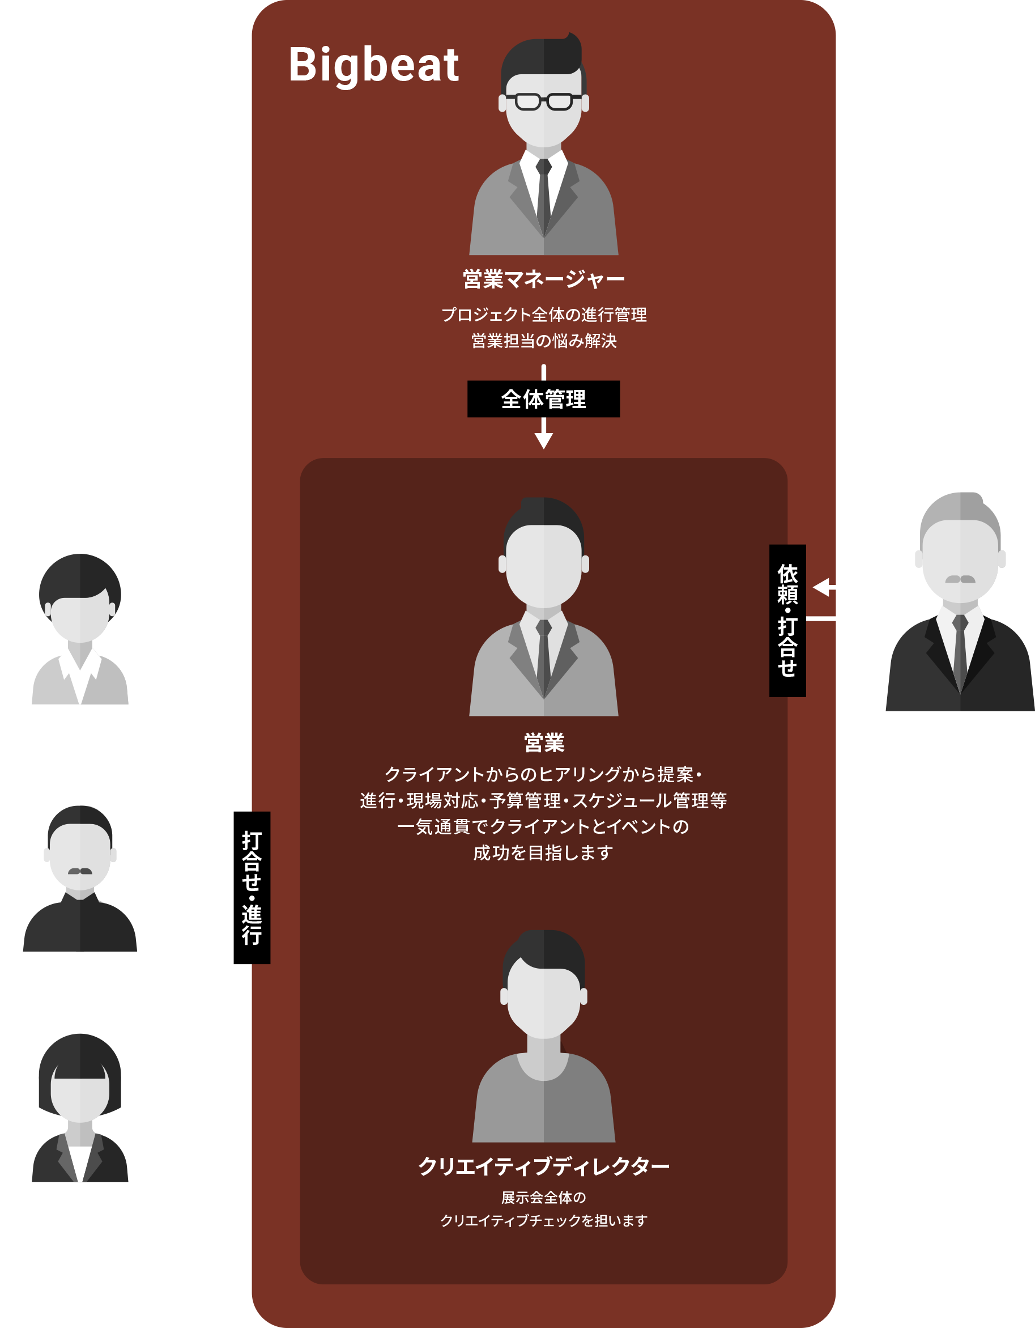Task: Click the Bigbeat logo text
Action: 373,66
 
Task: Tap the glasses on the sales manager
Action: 543,101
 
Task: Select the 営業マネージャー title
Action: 543,279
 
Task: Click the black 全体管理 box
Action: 543,399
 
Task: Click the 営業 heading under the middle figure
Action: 543,743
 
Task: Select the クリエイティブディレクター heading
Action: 543,1166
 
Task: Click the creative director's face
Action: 543,997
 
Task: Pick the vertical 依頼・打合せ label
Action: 787,620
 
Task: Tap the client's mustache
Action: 960,579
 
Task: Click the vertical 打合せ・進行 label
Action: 252,888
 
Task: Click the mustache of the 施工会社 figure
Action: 80,871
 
